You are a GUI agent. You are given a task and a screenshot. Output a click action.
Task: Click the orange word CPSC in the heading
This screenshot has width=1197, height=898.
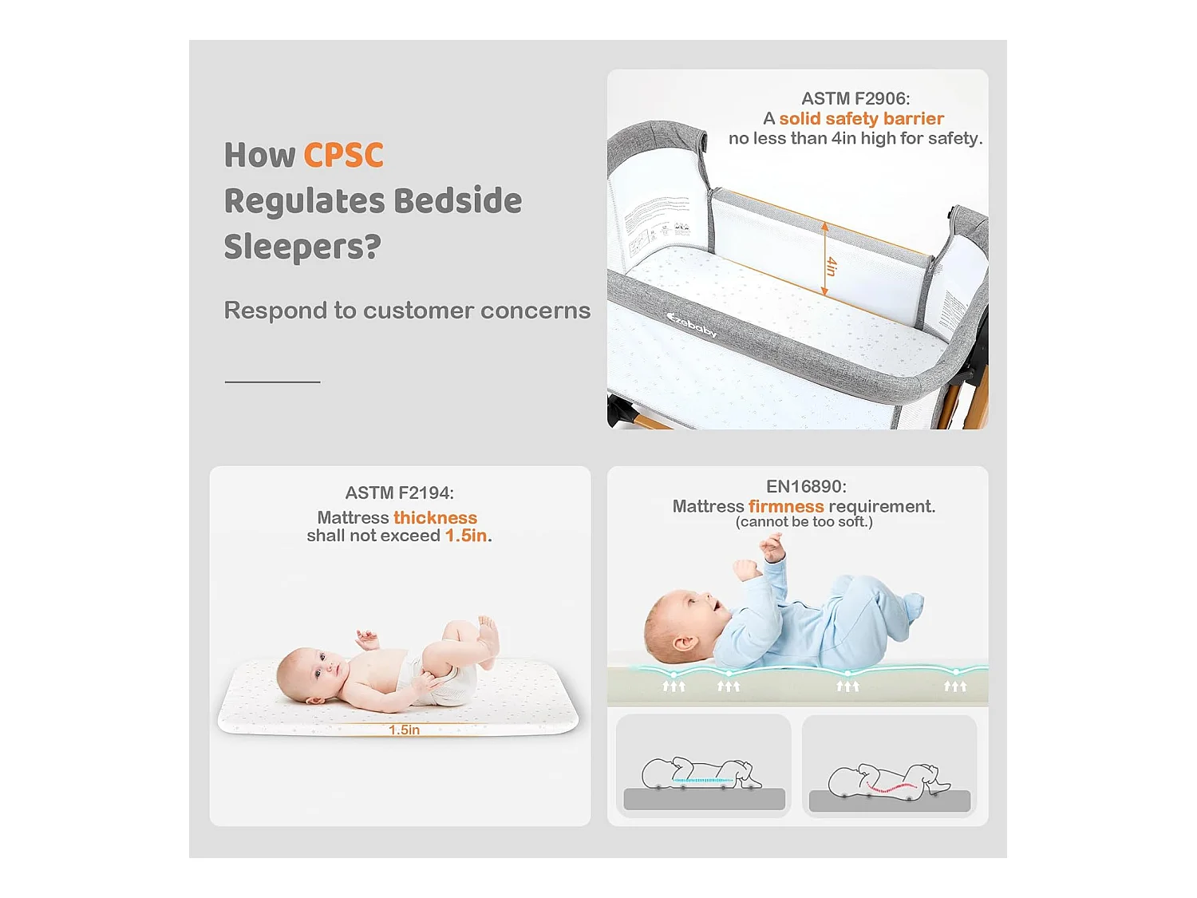point(343,155)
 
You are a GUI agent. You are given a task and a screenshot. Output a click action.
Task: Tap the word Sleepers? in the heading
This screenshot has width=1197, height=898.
point(302,247)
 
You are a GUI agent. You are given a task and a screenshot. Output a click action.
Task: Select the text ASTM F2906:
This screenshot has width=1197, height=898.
point(855,98)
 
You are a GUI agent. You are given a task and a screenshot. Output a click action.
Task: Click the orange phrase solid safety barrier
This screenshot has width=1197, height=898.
point(861,118)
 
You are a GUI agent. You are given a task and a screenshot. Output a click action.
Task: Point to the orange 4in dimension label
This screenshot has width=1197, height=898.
point(832,266)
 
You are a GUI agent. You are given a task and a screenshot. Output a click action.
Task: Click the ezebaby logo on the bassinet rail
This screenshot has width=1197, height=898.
point(692,324)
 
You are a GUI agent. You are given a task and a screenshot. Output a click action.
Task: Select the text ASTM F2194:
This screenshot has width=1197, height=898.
point(399,493)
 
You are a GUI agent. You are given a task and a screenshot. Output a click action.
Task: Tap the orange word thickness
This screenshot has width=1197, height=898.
point(435,517)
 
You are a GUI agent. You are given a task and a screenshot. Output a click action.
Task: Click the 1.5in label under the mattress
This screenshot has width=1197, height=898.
point(404,730)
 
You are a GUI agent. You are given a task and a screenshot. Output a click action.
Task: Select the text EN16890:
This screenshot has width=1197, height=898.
point(806,486)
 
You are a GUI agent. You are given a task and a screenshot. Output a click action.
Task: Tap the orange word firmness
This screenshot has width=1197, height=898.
point(786,506)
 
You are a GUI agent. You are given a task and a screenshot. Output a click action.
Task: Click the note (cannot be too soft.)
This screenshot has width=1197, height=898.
point(804,522)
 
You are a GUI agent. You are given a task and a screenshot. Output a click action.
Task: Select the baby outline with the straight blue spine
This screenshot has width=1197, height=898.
point(702,773)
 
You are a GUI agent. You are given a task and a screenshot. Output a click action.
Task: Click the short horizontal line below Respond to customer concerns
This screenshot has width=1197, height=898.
point(272,382)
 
